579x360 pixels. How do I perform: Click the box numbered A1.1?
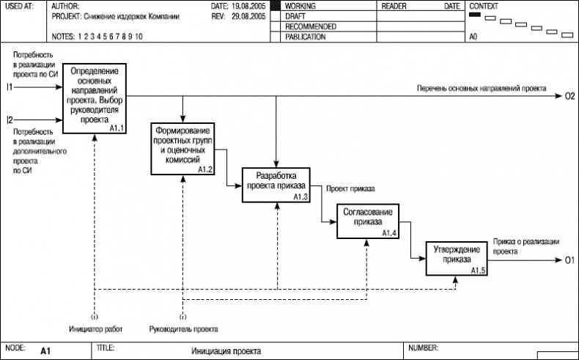95,98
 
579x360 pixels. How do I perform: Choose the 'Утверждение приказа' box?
457,256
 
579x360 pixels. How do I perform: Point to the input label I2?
10,120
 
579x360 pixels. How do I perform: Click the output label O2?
569,96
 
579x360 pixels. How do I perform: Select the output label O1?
569,260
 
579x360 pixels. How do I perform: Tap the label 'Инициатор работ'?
94,328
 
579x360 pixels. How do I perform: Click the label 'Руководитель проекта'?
183,328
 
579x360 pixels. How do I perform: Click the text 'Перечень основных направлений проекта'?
481,88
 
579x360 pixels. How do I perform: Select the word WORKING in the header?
300,5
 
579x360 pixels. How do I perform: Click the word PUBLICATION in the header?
306,37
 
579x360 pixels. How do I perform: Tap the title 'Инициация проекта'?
226,351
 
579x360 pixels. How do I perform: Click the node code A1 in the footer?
45,351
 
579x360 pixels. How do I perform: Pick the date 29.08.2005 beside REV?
248,15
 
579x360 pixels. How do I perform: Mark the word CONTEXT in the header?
484,5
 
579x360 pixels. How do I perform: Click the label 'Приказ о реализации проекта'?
526,245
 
